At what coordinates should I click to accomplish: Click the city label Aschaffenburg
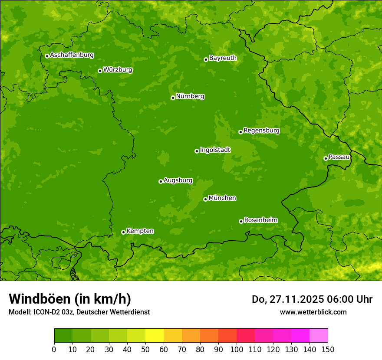pyautogui.click(x=72, y=55)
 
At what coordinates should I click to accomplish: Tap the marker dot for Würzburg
pyautogui.click(x=100, y=71)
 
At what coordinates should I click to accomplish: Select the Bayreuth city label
pyautogui.click(x=223, y=58)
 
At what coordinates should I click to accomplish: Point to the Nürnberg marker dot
pyautogui.click(x=173, y=98)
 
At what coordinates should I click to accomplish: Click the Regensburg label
pyautogui.click(x=261, y=130)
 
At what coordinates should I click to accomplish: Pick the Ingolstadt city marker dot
pyautogui.click(x=197, y=151)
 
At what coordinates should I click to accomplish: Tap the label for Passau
pyautogui.click(x=339, y=157)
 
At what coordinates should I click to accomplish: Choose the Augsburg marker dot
pyautogui.click(x=161, y=181)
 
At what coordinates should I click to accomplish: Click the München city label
pyautogui.click(x=222, y=198)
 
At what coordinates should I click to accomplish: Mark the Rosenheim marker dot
pyautogui.click(x=241, y=221)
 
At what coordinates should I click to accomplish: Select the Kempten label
pyautogui.click(x=140, y=231)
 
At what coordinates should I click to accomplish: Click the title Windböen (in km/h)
pyautogui.click(x=70, y=299)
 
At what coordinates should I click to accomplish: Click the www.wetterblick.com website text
pyautogui.click(x=313, y=312)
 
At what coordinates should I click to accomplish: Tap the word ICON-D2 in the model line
pyautogui.click(x=46, y=312)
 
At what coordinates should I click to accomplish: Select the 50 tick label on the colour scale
pyautogui.click(x=145, y=349)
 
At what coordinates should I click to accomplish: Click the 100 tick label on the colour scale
pyautogui.click(x=237, y=349)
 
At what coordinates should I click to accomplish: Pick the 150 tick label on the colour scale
pyautogui.click(x=328, y=349)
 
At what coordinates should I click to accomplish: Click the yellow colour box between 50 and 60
pyautogui.click(x=155, y=335)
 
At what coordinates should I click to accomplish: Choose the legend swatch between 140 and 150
pyautogui.click(x=319, y=335)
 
